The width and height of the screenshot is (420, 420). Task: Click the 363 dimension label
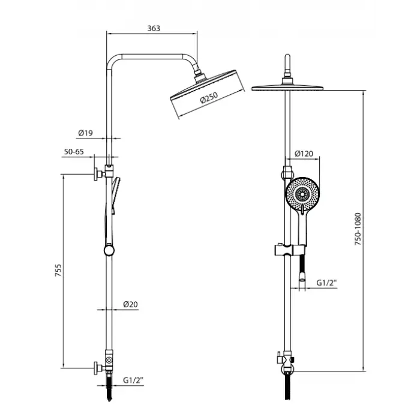pos(154,28)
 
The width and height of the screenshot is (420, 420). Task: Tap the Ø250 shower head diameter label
pos(209,98)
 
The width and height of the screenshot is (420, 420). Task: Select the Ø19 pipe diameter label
pos(85,133)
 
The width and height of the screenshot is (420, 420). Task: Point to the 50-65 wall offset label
pos(74,152)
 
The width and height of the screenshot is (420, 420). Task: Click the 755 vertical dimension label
pos(58,270)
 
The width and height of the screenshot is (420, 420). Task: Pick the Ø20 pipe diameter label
pos(130,304)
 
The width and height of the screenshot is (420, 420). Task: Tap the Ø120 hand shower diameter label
pos(304,154)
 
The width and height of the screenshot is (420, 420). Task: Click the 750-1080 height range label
pos(358,229)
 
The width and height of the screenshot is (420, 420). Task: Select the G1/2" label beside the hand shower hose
pos(326,283)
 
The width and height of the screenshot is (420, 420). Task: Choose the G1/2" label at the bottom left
pos(133,380)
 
